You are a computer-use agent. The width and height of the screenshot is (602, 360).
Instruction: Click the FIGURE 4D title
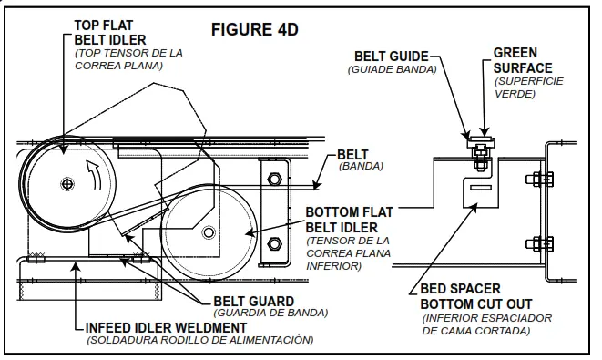(x=254, y=29)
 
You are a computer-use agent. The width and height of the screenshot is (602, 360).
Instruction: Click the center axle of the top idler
(x=67, y=184)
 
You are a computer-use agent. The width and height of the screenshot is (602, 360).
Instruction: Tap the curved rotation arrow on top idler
(x=93, y=175)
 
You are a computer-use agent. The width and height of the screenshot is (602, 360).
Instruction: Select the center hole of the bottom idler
(x=209, y=232)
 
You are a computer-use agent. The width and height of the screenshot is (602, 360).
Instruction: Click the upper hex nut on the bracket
(x=274, y=179)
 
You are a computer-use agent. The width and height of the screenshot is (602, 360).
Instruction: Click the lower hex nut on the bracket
(x=274, y=243)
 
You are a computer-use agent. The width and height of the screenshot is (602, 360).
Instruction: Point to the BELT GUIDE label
(x=392, y=57)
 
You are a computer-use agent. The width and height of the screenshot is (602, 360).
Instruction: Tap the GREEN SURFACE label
(x=522, y=60)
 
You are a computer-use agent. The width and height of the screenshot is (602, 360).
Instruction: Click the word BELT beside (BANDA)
(x=352, y=154)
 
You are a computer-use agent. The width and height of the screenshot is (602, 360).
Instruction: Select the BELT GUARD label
(x=253, y=302)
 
